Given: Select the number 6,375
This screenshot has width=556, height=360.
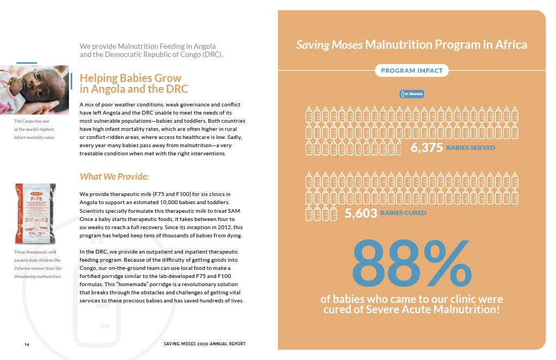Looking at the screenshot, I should point(427,148).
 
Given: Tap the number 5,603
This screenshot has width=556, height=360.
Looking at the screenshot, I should point(361,213).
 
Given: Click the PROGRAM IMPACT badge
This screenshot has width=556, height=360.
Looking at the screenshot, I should point(412,71).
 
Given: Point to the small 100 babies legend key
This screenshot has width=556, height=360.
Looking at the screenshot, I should point(412,94).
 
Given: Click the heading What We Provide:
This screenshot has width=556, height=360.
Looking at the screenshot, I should point(114,176).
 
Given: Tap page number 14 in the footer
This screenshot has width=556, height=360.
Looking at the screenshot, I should point(27,344).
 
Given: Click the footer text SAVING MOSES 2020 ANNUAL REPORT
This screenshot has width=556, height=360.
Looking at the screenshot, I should point(204,344).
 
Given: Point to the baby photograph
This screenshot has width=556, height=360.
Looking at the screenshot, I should point(34,85).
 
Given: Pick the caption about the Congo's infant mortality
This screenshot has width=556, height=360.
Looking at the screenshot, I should point(35,129).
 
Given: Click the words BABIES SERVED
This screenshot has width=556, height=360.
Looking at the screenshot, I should point(470,148).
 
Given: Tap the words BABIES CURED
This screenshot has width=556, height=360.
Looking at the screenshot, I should point(403,213).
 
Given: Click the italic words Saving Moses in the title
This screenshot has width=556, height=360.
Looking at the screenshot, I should point(329,45).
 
